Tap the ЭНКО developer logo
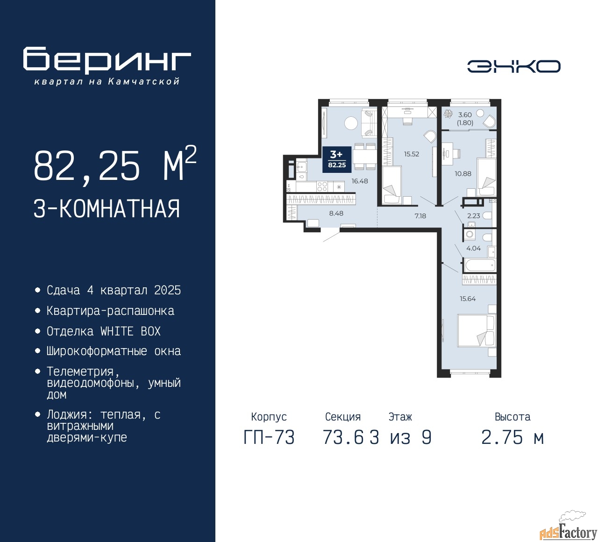(x=513, y=66)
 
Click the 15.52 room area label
(x=412, y=154)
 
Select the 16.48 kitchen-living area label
(x=360, y=181)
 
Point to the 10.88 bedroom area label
(x=463, y=173)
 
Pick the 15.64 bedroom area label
(x=468, y=299)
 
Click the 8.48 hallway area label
(x=336, y=213)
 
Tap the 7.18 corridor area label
(x=420, y=216)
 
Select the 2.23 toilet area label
(x=473, y=216)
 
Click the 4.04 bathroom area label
(x=473, y=248)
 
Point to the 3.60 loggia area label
(x=465, y=115)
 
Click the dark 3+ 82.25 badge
(x=337, y=159)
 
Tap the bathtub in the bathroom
(x=479, y=265)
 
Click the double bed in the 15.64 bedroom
(x=477, y=330)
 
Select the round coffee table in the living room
(x=351, y=123)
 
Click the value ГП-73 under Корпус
(x=269, y=437)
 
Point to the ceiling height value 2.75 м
(x=513, y=437)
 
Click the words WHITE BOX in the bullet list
(x=130, y=331)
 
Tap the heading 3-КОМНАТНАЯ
(x=107, y=209)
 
